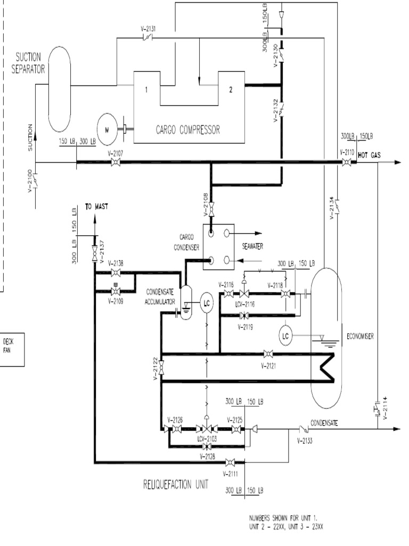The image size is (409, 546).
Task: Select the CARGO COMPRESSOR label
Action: click(x=187, y=129)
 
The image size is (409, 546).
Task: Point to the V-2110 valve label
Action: click(x=347, y=152)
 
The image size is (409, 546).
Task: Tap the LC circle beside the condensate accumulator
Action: click(x=207, y=303)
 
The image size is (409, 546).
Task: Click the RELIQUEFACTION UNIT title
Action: click(x=176, y=484)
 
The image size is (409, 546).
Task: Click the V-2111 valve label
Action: click(x=230, y=472)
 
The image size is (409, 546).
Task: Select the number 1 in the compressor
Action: click(x=146, y=90)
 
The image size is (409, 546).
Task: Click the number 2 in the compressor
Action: click(x=231, y=90)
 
